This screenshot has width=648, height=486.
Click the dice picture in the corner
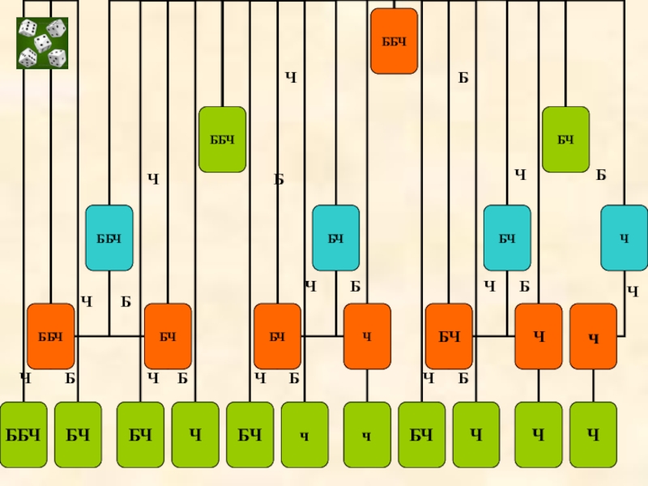(42, 43)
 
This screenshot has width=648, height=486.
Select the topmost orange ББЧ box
(394, 41)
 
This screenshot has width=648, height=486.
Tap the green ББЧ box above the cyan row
(222, 139)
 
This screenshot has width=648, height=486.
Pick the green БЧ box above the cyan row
(565, 139)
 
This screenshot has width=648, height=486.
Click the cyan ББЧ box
(109, 238)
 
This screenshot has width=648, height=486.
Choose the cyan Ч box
(624, 238)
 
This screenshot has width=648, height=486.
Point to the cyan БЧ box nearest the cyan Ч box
(507, 238)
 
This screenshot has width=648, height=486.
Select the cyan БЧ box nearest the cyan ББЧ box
(336, 238)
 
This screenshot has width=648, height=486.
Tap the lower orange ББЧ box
(50, 336)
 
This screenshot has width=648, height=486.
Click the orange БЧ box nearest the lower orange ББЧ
(168, 336)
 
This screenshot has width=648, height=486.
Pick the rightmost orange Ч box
(593, 336)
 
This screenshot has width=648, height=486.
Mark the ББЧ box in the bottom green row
(23, 435)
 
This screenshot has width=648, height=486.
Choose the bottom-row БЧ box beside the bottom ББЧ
(78, 435)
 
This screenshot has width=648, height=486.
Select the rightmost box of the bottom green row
(593, 435)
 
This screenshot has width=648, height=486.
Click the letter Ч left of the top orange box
(291, 78)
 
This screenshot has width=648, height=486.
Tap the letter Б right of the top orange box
(463, 78)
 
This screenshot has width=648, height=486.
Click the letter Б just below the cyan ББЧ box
(126, 302)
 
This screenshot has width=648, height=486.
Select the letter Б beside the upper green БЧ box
(601, 175)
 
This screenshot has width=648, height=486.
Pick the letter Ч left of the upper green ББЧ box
(152, 177)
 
